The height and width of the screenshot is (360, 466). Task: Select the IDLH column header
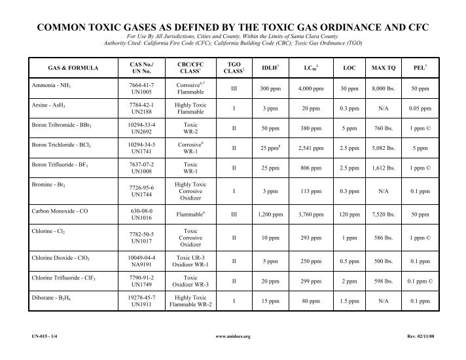(x=269, y=67)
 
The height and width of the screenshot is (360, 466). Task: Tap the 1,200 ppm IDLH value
(x=268, y=215)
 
